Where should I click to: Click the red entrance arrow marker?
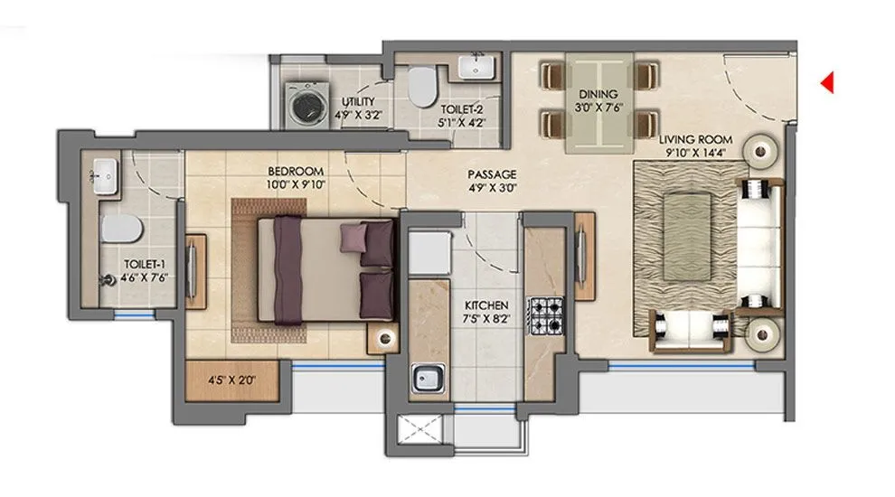click(826, 83)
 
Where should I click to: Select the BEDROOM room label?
click(295, 171)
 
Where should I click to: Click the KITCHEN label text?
click(486, 306)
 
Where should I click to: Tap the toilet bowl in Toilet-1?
click(119, 228)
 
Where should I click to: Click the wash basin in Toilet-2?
click(473, 67)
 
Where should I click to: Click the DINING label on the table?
click(598, 94)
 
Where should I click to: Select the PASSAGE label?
click(492, 173)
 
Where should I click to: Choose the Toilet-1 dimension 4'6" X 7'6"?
click(145, 277)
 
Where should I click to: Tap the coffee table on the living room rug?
click(692, 219)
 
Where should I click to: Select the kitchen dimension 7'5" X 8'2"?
click(486, 320)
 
